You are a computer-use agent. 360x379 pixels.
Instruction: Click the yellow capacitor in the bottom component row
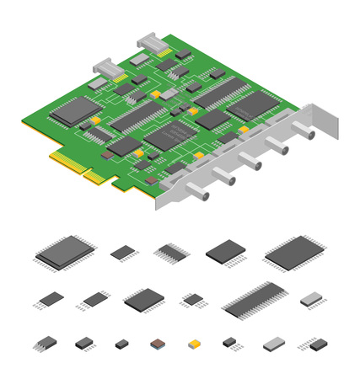195,344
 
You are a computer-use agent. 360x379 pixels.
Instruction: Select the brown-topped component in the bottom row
158,344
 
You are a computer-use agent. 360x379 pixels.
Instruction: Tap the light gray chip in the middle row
311,299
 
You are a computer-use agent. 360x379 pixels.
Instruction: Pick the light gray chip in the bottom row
274,344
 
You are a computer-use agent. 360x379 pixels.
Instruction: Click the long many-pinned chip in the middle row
255,299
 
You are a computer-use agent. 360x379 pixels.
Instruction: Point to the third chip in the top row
173,251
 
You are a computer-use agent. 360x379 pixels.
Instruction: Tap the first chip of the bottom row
46,344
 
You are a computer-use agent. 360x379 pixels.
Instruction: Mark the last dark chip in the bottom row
319,344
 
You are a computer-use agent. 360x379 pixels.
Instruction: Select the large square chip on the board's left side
74,110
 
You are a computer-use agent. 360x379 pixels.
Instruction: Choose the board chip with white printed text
172,134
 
